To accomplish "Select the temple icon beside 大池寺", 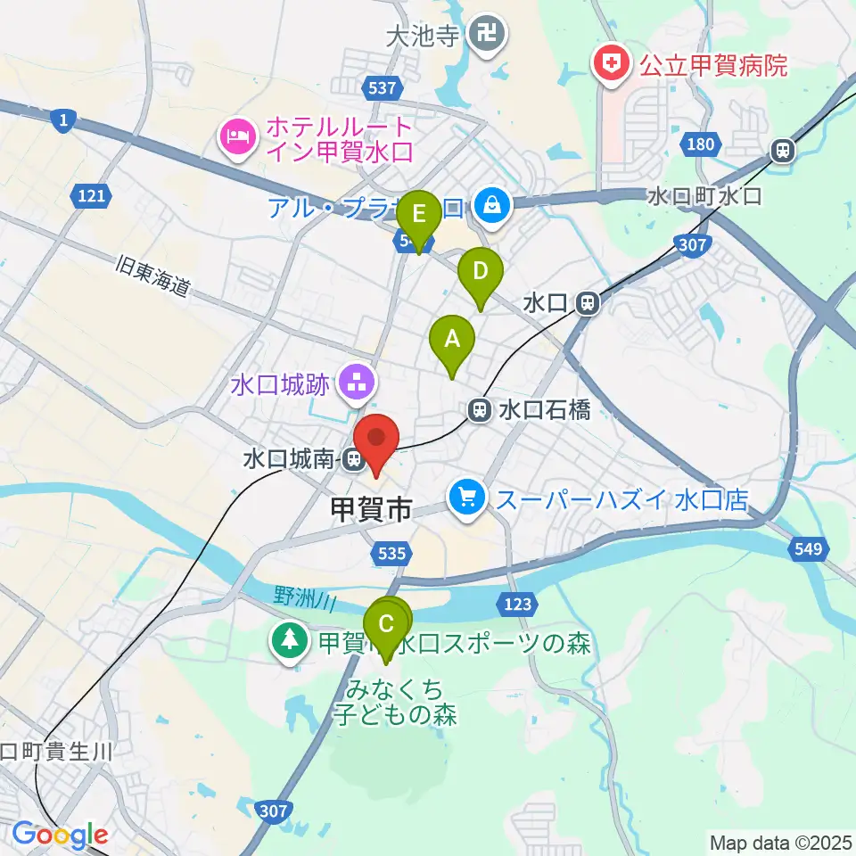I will point(488,36).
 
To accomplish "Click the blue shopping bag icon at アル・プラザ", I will point(490,207).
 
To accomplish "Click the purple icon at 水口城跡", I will point(358,384).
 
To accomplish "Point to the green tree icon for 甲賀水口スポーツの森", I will point(289,641).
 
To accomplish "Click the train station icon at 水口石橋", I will point(479,410).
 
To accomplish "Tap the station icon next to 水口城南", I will point(354,460).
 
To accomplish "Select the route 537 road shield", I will point(382,87).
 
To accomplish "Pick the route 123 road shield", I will point(518,605).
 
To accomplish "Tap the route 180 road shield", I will point(702,144).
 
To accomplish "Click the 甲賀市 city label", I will point(371,510).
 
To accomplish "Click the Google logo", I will point(60,835).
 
